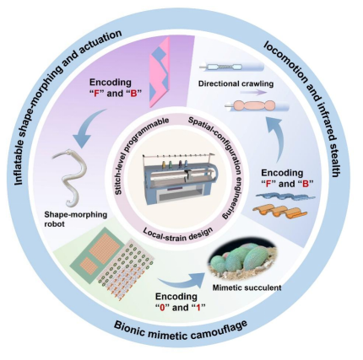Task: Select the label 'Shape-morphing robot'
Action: click(76, 219)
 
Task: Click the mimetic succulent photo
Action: click(244, 261)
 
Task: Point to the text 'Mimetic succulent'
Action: click(247, 287)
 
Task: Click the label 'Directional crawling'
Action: click(236, 83)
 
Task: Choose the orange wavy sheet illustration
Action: click(279, 212)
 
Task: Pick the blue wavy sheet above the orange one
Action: click(284, 197)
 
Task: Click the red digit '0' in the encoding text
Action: click(162, 308)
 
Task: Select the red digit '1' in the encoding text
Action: click(198, 308)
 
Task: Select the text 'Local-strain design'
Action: click(178, 234)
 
